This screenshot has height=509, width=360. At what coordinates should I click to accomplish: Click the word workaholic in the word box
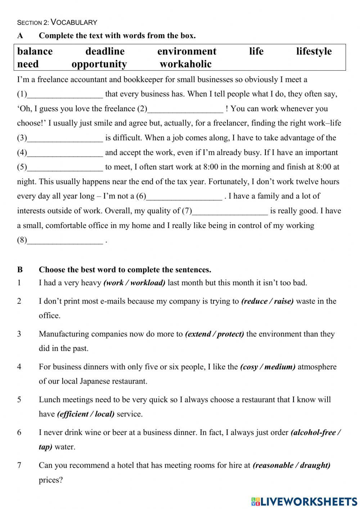point(185,64)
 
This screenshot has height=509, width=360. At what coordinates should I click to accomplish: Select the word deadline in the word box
point(105,52)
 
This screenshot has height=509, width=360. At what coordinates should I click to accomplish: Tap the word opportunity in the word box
point(99,64)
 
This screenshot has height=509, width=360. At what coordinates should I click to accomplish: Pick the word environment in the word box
point(187,52)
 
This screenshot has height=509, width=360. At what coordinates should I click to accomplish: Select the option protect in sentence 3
point(230,334)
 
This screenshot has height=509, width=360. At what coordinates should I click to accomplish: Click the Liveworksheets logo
point(304,501)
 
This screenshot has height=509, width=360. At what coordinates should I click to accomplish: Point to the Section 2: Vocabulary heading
point(57,22)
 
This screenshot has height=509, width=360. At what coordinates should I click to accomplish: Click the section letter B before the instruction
point(20,270)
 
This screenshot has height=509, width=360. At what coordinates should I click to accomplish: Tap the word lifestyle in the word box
point(314,52)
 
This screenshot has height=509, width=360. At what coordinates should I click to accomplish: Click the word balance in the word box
point(35,52)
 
